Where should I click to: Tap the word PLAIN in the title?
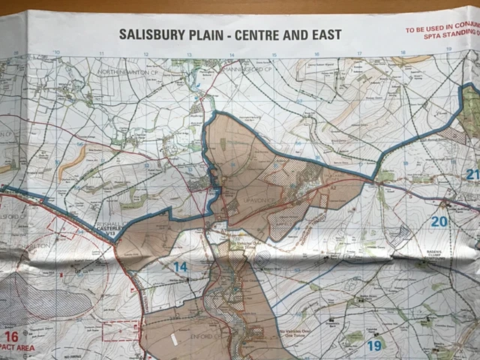(209, 35)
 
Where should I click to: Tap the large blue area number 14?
(180, 266)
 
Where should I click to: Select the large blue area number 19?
(374, 345)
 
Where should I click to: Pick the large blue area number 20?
(439, 221)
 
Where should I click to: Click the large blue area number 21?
(472, 175)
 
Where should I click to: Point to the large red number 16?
(10, 337)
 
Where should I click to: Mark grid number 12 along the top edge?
(145, 54)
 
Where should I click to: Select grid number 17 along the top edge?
(360, 53)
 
